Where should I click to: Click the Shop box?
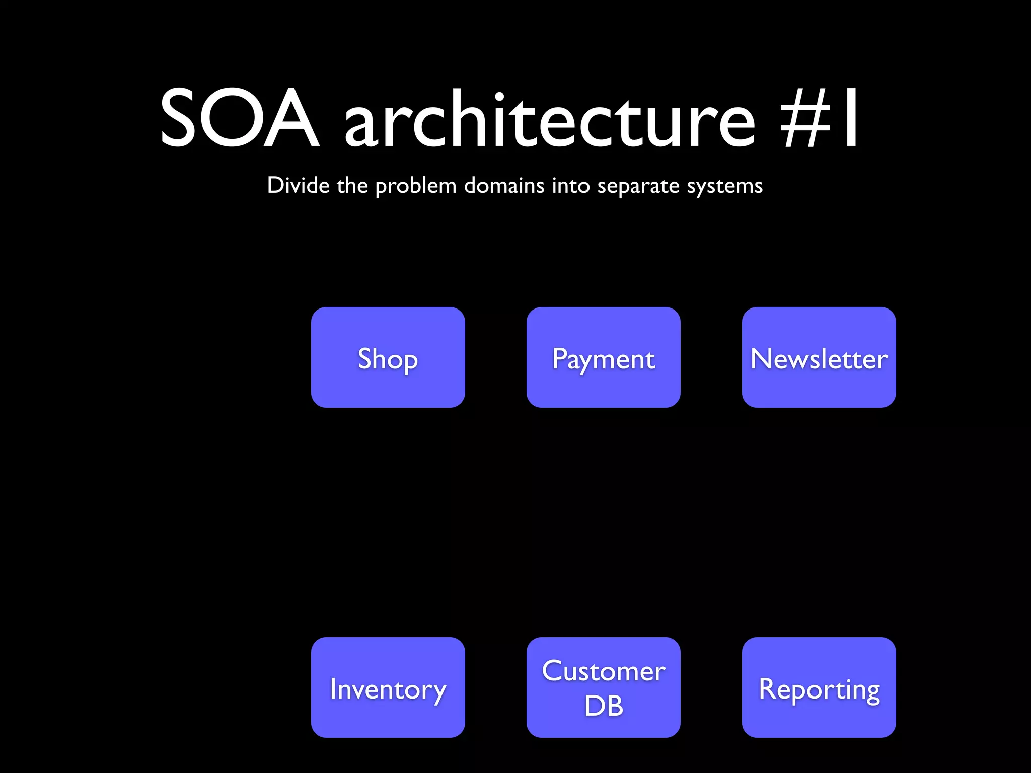point(388,357)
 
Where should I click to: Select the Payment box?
point(603,357)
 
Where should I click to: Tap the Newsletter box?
point(819,357)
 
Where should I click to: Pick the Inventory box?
point(388,687)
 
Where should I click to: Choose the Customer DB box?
point(603,687)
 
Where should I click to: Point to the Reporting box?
point(819,687)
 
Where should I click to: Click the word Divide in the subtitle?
point(298,185)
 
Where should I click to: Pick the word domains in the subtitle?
point(504,185)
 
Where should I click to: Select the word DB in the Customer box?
point(604,706)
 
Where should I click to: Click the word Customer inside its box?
point(604,671)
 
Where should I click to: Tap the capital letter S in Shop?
point(365,358)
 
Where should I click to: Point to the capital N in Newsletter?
point(761,358)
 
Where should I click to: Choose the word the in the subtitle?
point(352,185)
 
